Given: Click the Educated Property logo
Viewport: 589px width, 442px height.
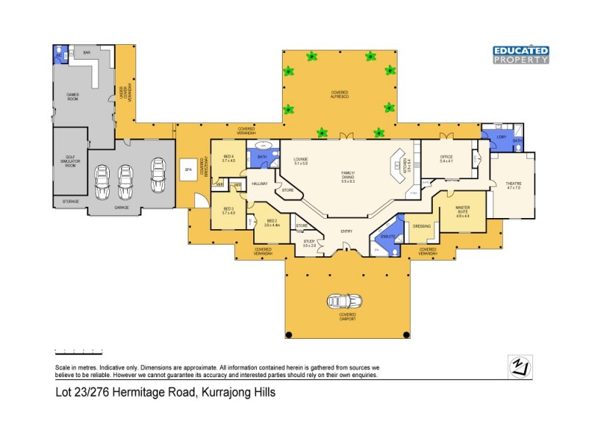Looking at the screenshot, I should point(521,55).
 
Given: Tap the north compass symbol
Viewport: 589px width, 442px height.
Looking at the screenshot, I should point(521,367).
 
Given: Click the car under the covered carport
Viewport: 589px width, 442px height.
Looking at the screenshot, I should point(344,302).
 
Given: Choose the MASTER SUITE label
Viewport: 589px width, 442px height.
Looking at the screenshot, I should point(463,210).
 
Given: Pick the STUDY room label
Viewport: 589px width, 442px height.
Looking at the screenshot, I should point(309,242).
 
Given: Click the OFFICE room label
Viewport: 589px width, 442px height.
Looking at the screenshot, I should point(446,157).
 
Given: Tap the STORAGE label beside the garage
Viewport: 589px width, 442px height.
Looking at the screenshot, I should point(70,201).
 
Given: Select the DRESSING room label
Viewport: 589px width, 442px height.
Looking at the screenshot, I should point(421,226).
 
